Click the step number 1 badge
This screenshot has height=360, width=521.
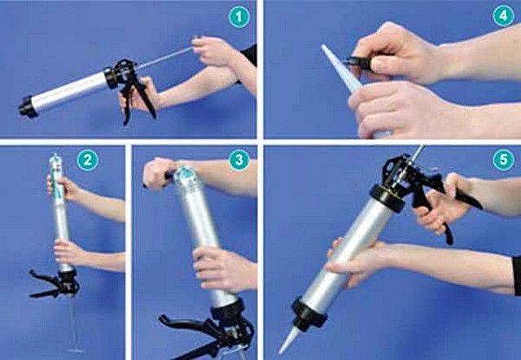tap(239, 17)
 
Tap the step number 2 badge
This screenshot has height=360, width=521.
tap(88, 160)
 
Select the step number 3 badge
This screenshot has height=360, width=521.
tap(239, 160)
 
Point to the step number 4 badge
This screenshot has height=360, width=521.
tap(503, 15)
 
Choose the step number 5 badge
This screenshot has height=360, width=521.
tap(503, 160)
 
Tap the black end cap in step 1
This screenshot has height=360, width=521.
tap(28, 107)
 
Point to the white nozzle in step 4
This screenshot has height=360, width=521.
tap(340, 68)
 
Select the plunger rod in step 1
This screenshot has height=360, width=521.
tap(164, 58)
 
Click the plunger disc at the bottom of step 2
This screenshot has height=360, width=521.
tap(76, 350)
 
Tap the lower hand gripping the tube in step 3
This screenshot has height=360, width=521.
tap(222, 269)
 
